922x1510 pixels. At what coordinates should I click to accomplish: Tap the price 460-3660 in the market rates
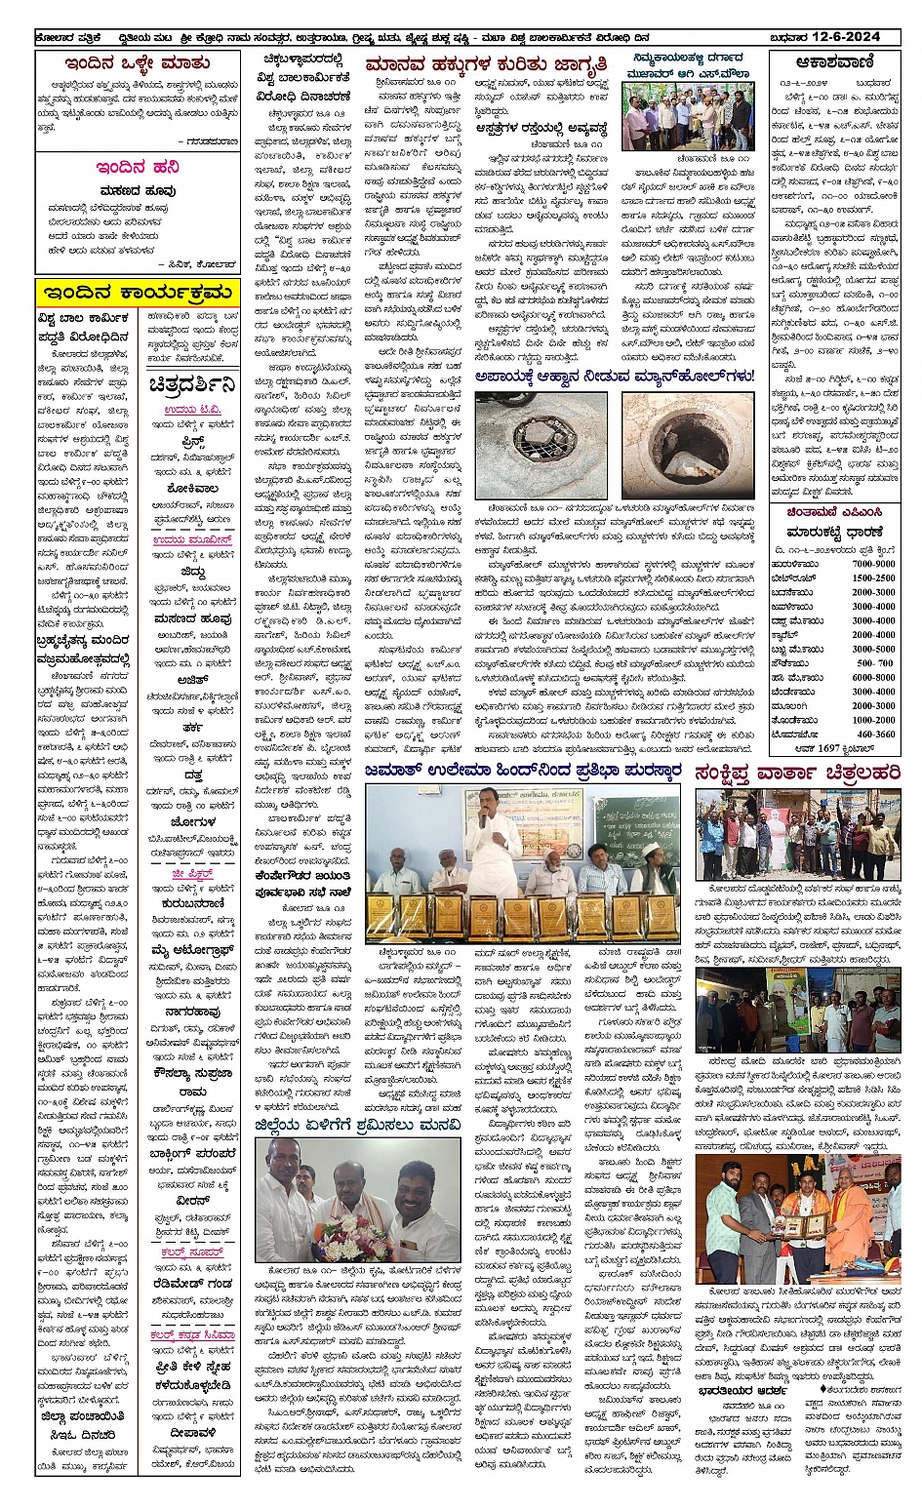click(x=875, y=734)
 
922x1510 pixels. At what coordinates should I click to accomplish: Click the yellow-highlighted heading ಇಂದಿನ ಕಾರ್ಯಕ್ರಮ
click(x=138, y=292)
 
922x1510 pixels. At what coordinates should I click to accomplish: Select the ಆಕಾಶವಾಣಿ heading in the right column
click(x=834, y=62)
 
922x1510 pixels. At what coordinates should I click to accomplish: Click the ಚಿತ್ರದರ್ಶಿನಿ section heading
click(x=192, y=384)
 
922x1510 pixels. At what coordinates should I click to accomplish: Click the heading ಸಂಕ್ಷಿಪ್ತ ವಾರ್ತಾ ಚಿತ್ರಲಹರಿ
click(x=797, y=773)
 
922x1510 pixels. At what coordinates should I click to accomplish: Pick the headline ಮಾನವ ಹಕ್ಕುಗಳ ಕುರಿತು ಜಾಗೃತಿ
click(x=486, y=64)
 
